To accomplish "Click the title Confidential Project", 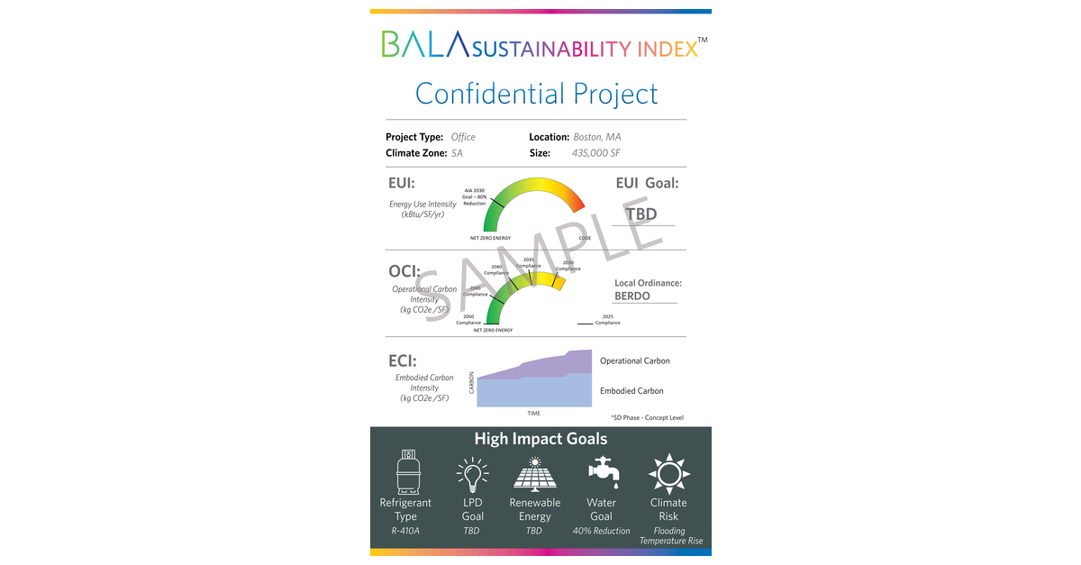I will coord(537,94).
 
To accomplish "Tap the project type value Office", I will coord(463,137).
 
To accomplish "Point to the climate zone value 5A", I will coord(457,153).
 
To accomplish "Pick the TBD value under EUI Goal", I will coord(641,214).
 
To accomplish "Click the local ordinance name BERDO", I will coord(632,296).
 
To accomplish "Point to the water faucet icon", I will coord(601,471).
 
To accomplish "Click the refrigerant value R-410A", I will coord(405,531).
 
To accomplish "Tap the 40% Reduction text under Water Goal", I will coord(602,531).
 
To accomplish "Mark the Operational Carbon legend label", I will coord(635,360).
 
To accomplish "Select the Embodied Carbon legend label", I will coord(631,391).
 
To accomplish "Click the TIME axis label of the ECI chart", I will coord(534,413).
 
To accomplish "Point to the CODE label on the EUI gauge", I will coord(585,238).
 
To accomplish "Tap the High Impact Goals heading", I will coord(540,439).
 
